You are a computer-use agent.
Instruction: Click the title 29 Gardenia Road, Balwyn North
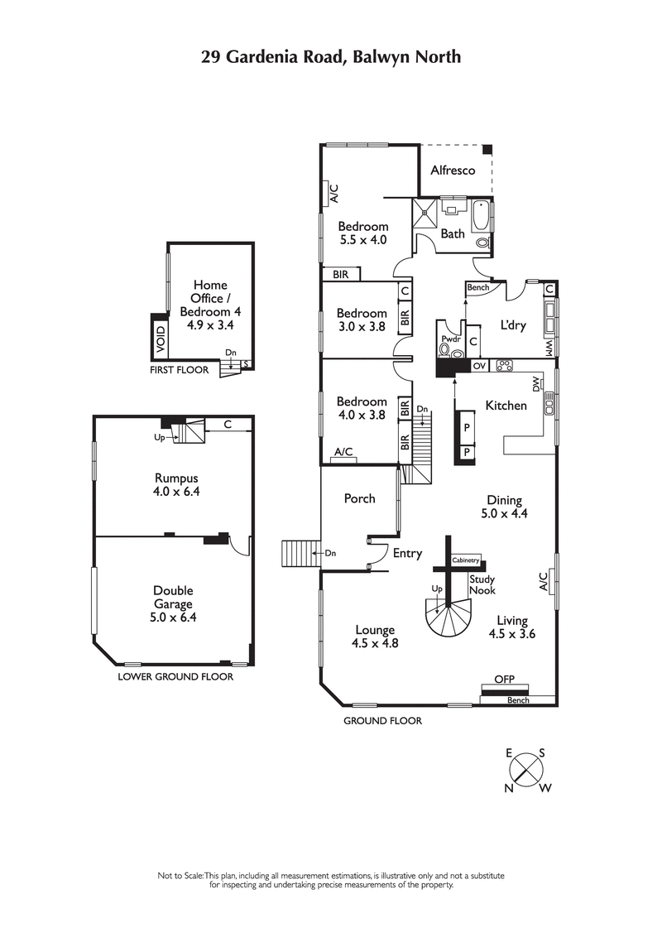pyautogui.click(x=331, y=56)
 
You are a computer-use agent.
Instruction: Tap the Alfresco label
pyautogui.click(x=453, y=170)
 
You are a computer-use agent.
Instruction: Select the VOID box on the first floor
pyautogui.click(x=161, y=339)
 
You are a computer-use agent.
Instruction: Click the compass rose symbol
pyautogui.click(x=527, y=771)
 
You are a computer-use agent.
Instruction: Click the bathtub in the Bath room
pyautogui.click(x=481, y=217)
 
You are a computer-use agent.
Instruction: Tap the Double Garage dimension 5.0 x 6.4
pyautogui.click(x=173, y=617)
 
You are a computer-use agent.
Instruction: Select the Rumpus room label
pyautogui.click(x=176, y=478)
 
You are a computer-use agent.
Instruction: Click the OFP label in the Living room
pyautogui.click(x=504, y=679)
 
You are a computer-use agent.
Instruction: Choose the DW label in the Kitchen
pyautogui.click(x=535, y=385)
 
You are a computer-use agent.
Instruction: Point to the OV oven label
pyautogui.click(x=479, y=365)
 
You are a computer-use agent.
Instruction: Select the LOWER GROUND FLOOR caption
pyautogui.click(x=175, y=676)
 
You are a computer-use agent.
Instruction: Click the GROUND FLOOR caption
pyautogui.click(x=382, y=721)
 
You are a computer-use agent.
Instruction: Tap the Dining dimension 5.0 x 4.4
pyautogui.click(x=504, y=513)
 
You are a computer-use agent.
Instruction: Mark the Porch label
pyautogui.click(x=359, y=498)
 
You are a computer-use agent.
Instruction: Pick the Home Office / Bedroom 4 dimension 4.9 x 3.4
pyautogui.click(x=209, y=325)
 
